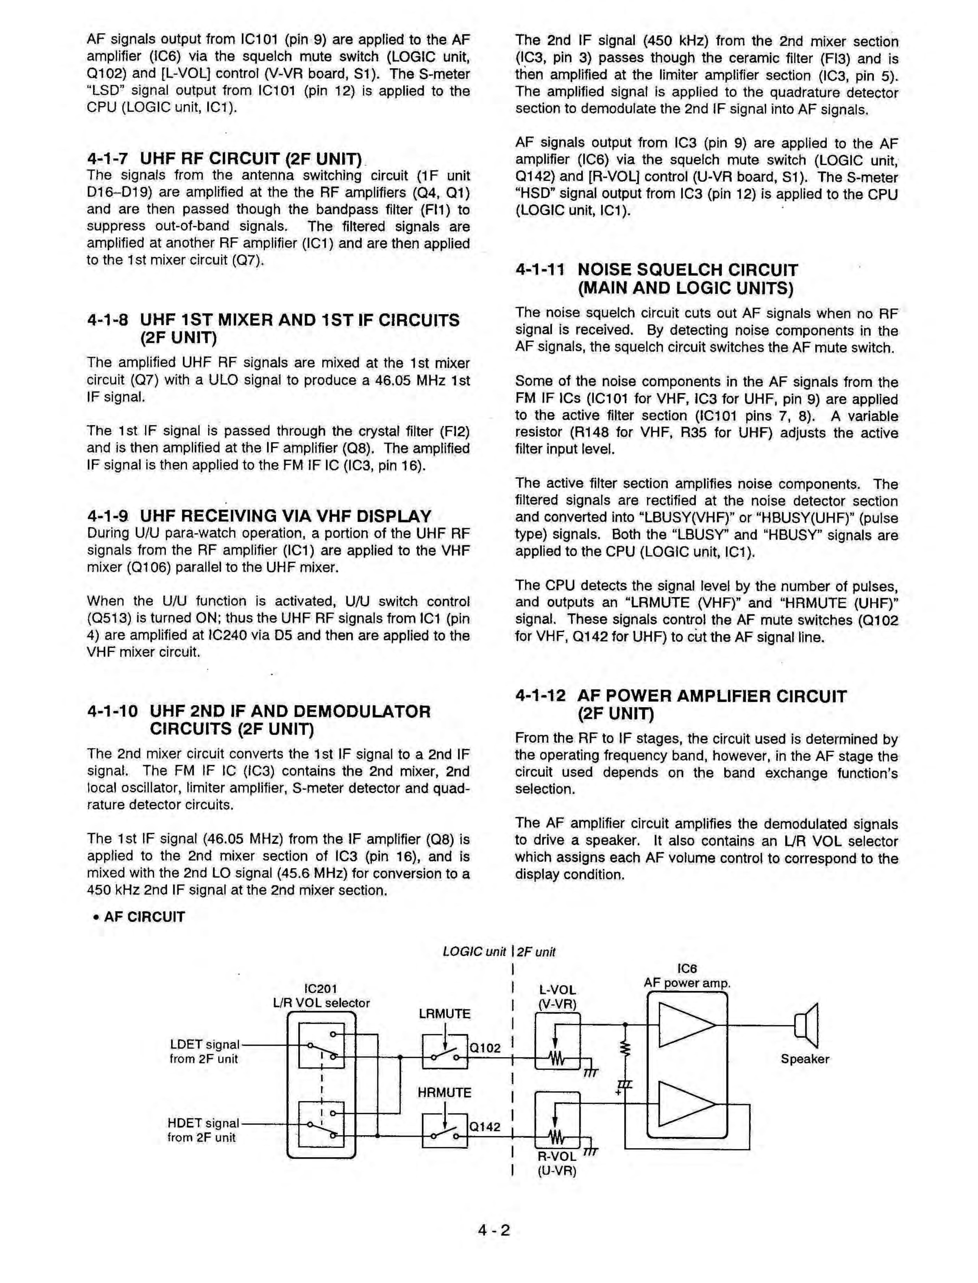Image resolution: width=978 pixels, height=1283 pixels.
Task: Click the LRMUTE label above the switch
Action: coord(445,1014)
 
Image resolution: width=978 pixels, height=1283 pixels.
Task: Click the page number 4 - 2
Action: coord(494,1230)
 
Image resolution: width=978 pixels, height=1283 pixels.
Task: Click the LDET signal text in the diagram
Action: coord(205,1045)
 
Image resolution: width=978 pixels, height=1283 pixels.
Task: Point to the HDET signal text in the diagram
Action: coord(204,1123)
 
